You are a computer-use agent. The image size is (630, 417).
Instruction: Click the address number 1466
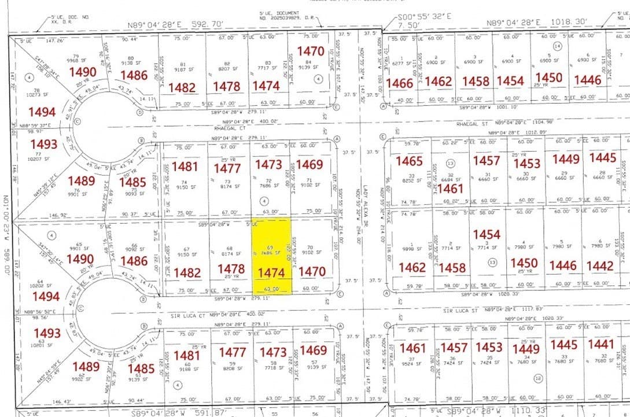pos(399,83)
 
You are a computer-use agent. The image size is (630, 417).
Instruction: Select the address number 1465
pos(409,161)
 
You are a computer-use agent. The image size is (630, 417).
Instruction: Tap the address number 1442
pos(599,265)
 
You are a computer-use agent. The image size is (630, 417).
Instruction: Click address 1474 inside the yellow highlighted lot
pos(271,272)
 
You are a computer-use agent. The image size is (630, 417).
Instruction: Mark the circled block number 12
pos(538,378)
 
